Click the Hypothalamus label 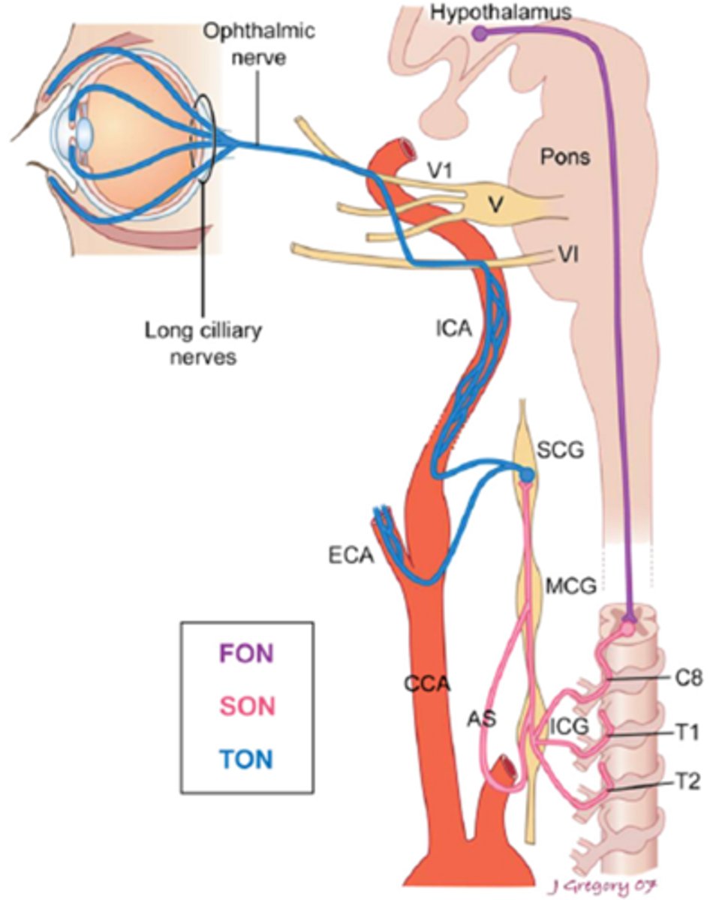point(501,13)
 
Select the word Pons point(565,157)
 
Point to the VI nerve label point(567,253)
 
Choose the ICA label point(454,328)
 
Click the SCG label point(560,451)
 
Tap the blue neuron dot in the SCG point(527,475)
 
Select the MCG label point(571,586)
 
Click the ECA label point(350,556)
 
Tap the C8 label point(688,678)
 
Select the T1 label point(687,732)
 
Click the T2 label point(687,781)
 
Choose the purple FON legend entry point(247,653)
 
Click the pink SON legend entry point(248,706)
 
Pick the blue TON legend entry point(247,759)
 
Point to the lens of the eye point(85,132)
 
